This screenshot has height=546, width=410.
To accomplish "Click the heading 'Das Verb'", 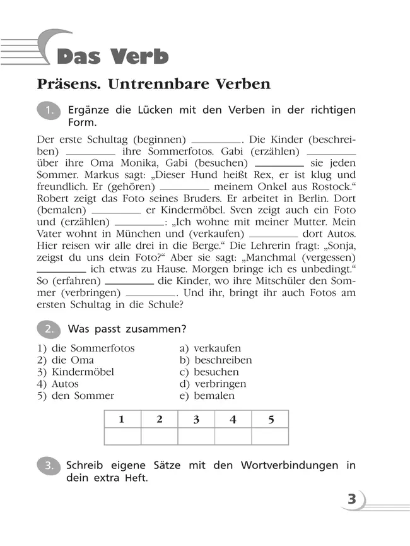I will (113, 56).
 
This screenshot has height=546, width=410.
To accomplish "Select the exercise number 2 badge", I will (50, 329).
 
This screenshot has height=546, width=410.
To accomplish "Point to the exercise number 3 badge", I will (50, 466).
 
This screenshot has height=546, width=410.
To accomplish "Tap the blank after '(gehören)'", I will (184, 187).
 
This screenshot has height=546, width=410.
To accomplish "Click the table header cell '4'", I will (233, 420).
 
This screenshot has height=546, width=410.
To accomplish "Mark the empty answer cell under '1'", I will (122, 437).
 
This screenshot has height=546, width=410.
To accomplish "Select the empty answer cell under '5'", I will (270, 437).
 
